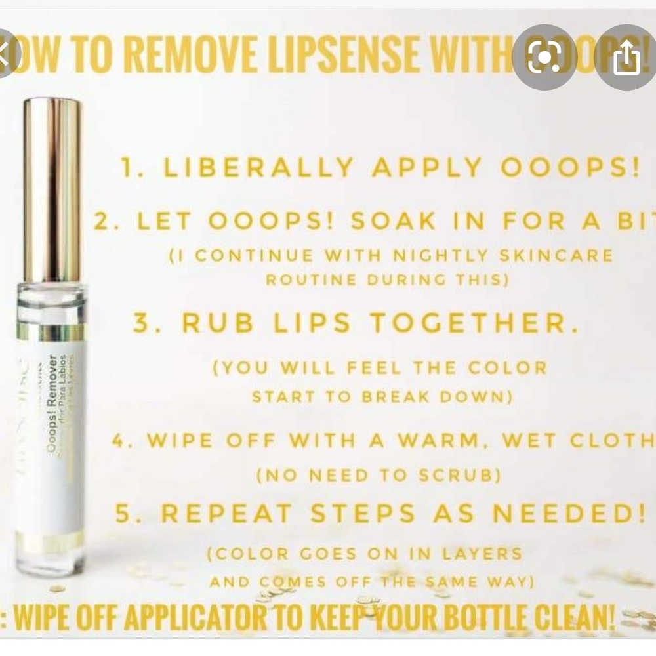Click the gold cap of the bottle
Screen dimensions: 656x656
click(52, 190)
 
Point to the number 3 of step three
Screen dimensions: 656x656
click(142, 323)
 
